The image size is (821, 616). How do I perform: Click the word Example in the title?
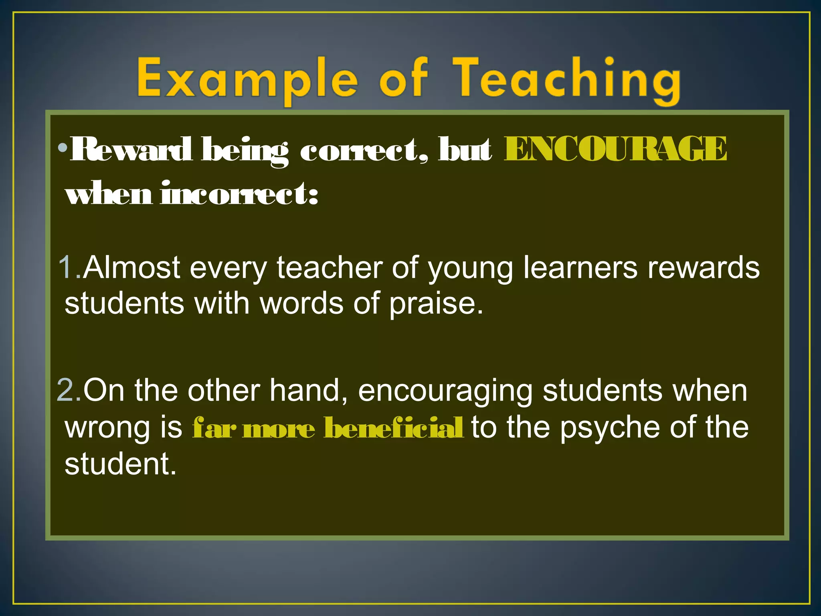click(x=247, y=79)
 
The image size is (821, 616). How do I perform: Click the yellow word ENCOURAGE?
click(x=615, y=149)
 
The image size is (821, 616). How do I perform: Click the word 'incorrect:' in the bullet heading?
click(x=239, y=193)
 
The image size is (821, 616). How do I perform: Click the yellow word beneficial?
click(x=394, y=428)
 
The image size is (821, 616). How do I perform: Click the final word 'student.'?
click(x=120, y=464)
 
